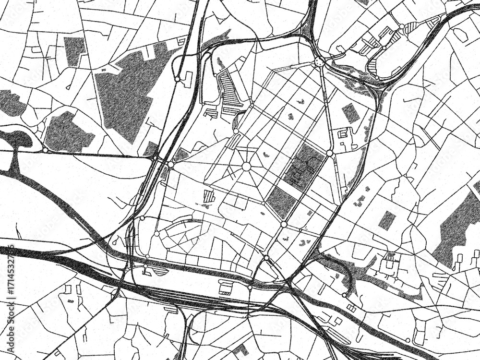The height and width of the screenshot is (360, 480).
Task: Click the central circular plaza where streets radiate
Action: point(246,166)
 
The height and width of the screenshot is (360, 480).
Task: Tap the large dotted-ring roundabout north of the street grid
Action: point(319,61)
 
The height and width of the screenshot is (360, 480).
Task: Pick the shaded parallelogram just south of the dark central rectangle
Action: point(281,202)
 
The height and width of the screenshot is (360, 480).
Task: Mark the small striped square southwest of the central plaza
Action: point(208,196)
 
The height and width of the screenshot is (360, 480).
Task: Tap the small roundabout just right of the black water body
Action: point(45,150)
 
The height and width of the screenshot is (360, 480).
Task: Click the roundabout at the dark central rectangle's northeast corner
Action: point(329,153)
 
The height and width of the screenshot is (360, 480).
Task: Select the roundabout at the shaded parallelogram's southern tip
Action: point(284,224)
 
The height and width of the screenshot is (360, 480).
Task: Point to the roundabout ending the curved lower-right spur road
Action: point(345,294)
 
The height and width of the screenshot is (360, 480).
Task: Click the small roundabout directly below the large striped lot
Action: point(236,131)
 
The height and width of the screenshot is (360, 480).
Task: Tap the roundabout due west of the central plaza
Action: point(170,165)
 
